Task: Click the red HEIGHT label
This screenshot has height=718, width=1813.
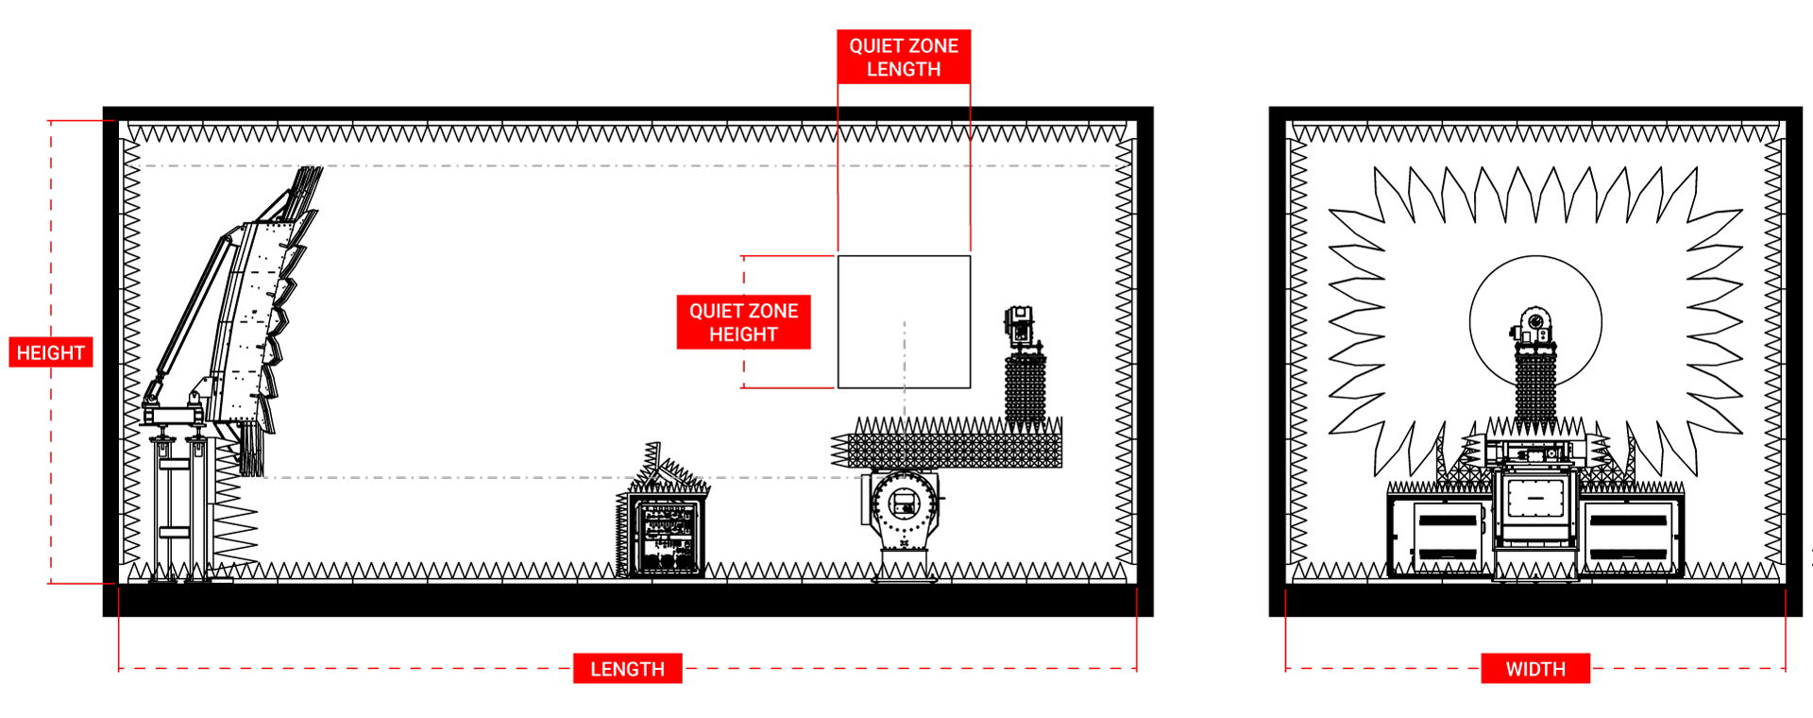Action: [51, 352]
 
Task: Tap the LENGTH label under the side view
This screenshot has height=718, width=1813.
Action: [627, 669]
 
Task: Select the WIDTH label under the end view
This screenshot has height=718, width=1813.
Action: [1535, 669]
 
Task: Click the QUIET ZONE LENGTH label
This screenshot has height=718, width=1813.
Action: [904, 58]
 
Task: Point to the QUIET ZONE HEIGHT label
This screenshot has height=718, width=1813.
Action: [743, 322]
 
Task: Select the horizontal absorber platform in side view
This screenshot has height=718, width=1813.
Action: [954, 450]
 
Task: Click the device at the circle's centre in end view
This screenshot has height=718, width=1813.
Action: [1534, 325]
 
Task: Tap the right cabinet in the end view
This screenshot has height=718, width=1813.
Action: [1632, 536]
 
